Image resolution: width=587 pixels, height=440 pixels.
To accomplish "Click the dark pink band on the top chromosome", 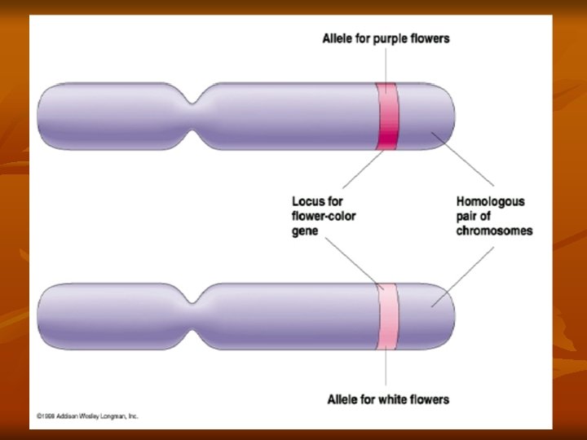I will (x=386, y=116).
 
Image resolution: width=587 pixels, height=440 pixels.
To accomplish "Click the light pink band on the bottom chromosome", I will (x=386, y=316).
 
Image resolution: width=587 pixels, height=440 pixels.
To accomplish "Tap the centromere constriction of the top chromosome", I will (x=194, y=116).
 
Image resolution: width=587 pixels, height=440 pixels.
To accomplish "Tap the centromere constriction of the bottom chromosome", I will (x=194, y=316).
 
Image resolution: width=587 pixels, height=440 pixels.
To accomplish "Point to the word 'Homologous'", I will (x=490, y=201).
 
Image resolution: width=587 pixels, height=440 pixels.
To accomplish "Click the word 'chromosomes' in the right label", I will (x=494, y=231).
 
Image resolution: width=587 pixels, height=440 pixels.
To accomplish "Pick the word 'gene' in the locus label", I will (x=306, y=231).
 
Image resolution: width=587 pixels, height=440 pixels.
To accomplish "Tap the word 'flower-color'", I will (x=324, y=216).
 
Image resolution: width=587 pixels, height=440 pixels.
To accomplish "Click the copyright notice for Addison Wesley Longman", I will (x=87, y=416).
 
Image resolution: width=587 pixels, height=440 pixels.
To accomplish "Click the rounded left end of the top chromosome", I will (x=46, y=116).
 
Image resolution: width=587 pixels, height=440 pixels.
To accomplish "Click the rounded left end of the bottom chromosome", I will (x=46, y=316).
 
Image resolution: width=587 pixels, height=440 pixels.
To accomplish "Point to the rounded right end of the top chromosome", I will (x=447, y=116).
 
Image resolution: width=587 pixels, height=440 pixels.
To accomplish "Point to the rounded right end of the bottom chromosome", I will (x=447, y=316).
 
